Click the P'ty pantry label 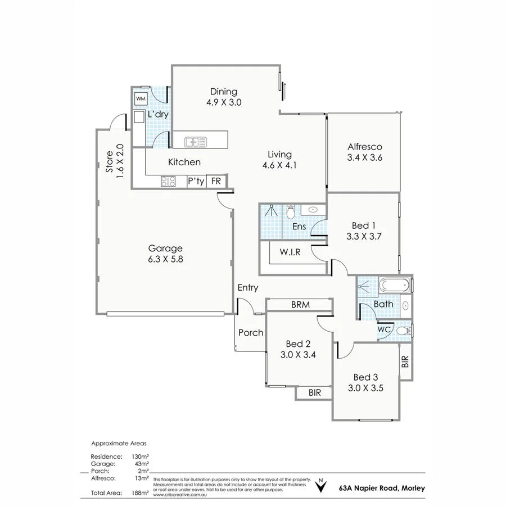[196, 181]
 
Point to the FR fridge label [215, 181]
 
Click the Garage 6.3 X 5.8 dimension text [165, 260]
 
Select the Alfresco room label [365, 146]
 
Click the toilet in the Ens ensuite [291, 213]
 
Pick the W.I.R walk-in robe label [290, 252]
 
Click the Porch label [250, 332]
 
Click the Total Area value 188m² [140, 493]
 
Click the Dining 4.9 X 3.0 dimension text [224, 102]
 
